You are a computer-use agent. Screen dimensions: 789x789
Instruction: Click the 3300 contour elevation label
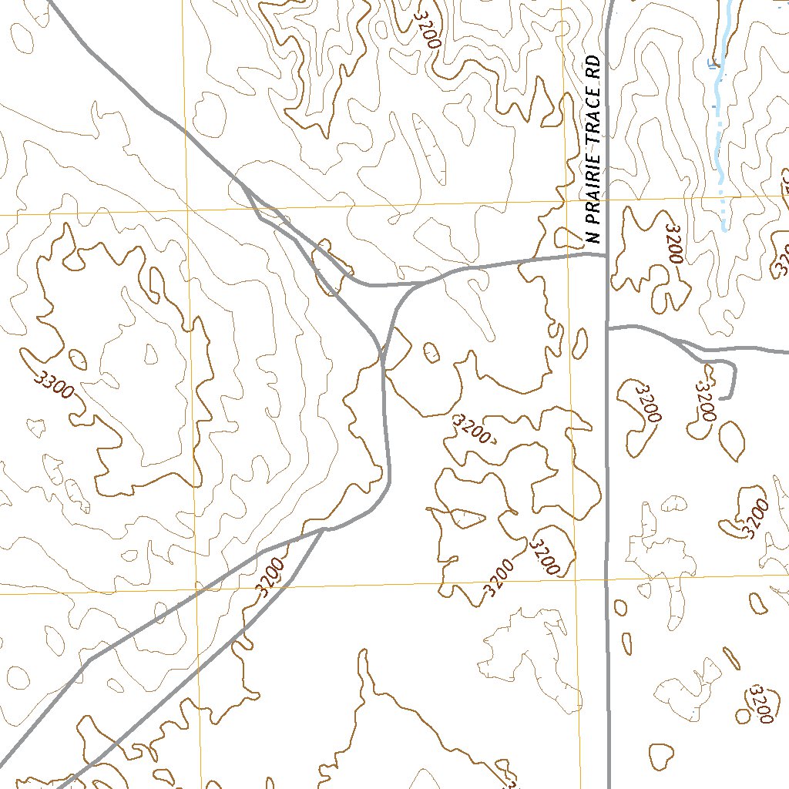(x=54, y=382)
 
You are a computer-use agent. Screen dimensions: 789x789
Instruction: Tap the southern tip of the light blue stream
(x=724, y=229)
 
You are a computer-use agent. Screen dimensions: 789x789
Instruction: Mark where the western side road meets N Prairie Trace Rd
(x=606, y=253)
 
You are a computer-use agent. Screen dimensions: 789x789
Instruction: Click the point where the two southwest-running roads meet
(x=324, y=529)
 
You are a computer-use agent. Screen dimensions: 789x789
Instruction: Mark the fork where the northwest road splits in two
(x=243, y=185)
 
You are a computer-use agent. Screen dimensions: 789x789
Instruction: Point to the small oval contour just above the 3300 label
(x=78, y=359)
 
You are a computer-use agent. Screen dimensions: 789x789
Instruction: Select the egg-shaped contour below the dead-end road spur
(x=731, y=438)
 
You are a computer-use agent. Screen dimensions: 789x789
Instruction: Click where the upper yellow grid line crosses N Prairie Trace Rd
(x=606, y=200)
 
